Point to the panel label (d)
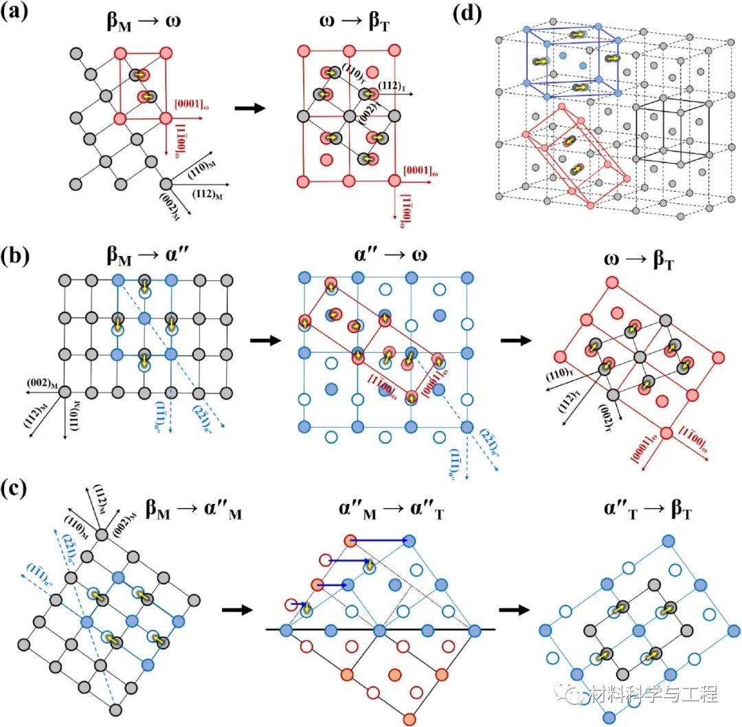[x=469, y=14]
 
